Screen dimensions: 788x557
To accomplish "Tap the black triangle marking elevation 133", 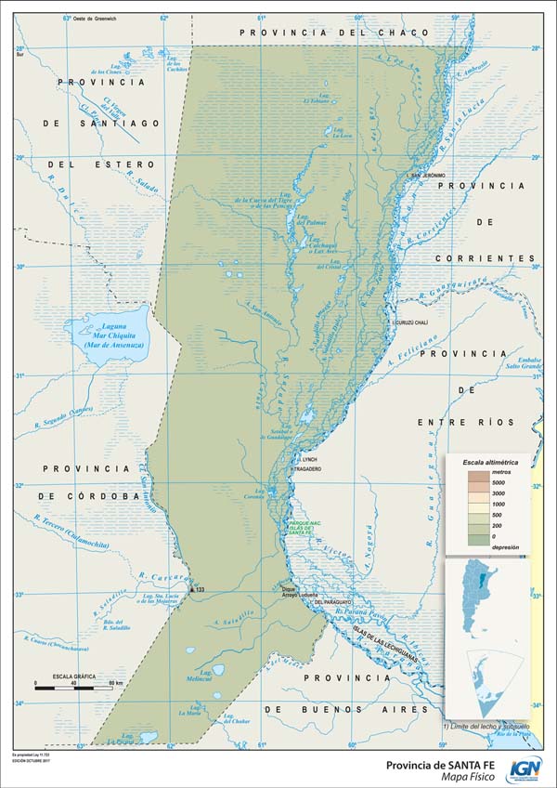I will click(191, 589).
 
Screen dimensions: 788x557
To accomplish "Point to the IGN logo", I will click(524, 768).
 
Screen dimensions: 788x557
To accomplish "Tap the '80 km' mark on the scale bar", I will click(115, 684).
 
